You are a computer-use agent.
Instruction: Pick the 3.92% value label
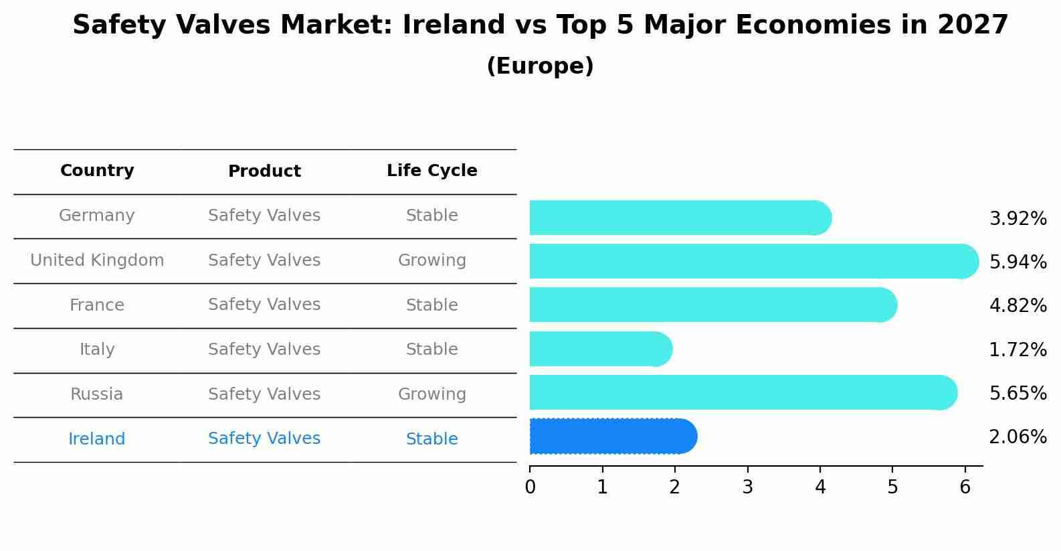(x=1018, y=219)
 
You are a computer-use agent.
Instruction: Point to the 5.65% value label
(x=1018, y=393)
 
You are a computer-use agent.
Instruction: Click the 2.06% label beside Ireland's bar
(x=1018, y=437)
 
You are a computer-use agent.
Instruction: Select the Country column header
(x=97, y=171)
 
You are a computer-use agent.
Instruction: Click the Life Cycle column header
(x=431, y=171)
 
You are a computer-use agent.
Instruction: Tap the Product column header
(x=264, y=171)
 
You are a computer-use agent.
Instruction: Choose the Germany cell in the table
(x=97, y=216)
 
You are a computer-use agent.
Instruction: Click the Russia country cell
(x=97, y=394)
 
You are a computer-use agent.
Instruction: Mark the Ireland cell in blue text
(x=97, y=439)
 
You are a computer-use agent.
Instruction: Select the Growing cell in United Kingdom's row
(x=431, y=260)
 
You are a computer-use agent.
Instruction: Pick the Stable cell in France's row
(x=431, y=305)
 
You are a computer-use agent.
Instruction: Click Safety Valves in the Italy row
(x=264, y=349)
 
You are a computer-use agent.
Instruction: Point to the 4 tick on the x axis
(x=820, y=487)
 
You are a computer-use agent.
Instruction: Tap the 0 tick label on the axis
(x=530, y=487)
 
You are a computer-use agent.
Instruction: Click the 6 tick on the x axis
(x=965, y=487)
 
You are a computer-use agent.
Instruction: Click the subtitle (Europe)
(x=540, y=66)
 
